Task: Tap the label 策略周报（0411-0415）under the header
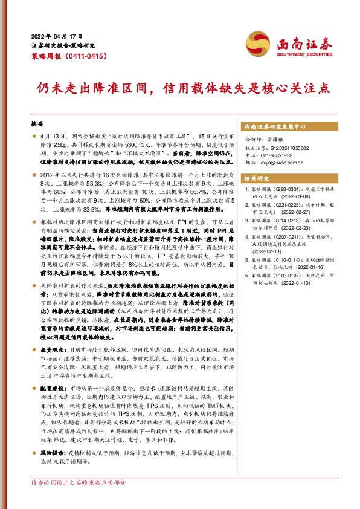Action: point(68,56)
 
